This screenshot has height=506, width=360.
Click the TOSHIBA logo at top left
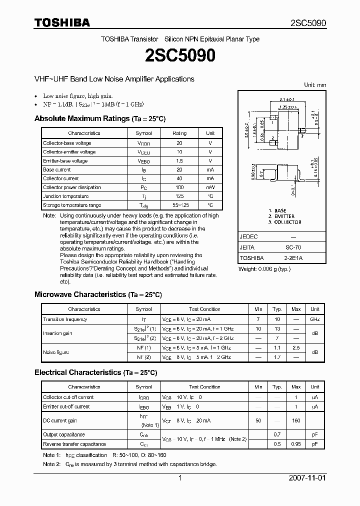(x=62, y=22)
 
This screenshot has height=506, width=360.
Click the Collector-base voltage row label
(x=67, y=143)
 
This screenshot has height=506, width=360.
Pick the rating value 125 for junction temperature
(x=179, y=196)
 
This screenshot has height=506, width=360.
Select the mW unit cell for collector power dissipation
(x=210, y=187)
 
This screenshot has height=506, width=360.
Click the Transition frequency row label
(x=65, y=319)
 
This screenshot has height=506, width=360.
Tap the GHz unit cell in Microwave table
(x=315, y=319)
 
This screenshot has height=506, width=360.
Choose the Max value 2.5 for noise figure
(x=296, y=347)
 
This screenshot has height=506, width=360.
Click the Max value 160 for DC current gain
(x=296, y=420)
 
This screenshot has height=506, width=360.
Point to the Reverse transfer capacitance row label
(x=74, y=444)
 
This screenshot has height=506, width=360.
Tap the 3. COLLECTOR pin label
(x=285, y=222)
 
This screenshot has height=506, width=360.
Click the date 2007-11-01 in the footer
(x=307, y=478)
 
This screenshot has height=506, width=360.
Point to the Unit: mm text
(x=315, y=85)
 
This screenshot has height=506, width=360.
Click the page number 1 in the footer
(x=179, y=478)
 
